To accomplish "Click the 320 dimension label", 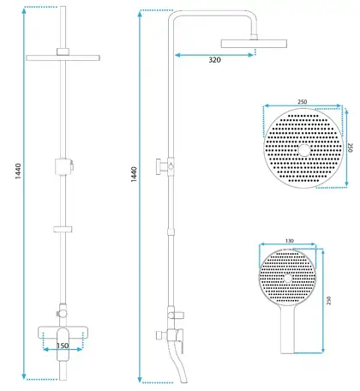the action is pos(214,60).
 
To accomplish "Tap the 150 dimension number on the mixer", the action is pos(63,346).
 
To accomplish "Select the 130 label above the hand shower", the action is pos(290,241).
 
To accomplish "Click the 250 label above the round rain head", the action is pos(302,102).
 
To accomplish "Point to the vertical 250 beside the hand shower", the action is pos(328,300).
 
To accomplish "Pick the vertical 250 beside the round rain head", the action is pos(351,147).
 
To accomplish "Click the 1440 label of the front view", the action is pos(18,171).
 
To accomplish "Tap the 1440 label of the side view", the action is pos(134,174).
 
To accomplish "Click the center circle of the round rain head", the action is pos(304,150).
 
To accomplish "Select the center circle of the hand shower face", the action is pos(288,278).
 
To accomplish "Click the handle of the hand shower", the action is pos(287,332).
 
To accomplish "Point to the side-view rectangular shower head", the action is pos(254,44).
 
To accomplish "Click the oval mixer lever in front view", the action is pos(63,344).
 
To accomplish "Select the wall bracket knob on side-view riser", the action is pos(159,166).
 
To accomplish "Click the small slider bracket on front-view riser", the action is pos(63,229).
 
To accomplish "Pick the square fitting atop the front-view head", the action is pos(63,51).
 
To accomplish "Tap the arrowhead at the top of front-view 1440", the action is pos(24,11).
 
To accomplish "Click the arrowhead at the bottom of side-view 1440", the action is pos(140,380).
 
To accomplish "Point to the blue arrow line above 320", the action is pos(214,55).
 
